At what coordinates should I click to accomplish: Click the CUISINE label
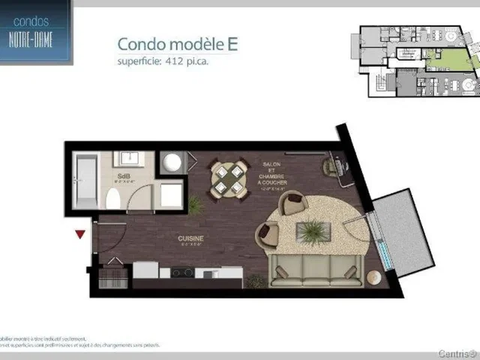point(191,238)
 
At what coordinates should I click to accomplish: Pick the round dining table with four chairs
point(228,179)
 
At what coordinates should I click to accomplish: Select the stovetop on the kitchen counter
point(182,272)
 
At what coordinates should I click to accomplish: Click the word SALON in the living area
point(271,163)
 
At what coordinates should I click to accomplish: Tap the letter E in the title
point(233,43)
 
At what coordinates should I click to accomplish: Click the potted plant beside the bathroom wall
point(196,203)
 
